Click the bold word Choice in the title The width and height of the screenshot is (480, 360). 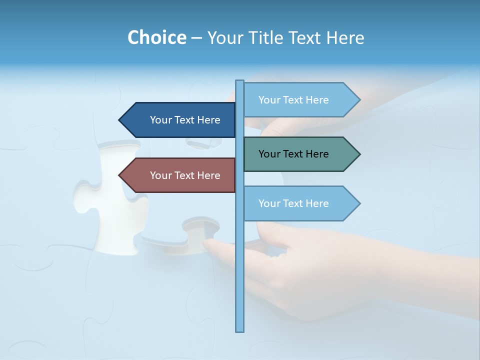(x=156, y=37)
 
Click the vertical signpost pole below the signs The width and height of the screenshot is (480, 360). (x=240, y=280)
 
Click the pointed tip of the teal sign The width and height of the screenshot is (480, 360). (x=358, y=154)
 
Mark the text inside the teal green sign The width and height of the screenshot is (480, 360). (x=293, y=154)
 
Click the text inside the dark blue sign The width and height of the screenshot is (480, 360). (x=185, y=120)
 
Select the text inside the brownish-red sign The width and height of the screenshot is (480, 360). (x=185, y=175)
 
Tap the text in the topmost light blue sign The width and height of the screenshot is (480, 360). (x=293, y=100)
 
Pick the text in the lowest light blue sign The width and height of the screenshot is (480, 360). (x=293, y=203)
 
